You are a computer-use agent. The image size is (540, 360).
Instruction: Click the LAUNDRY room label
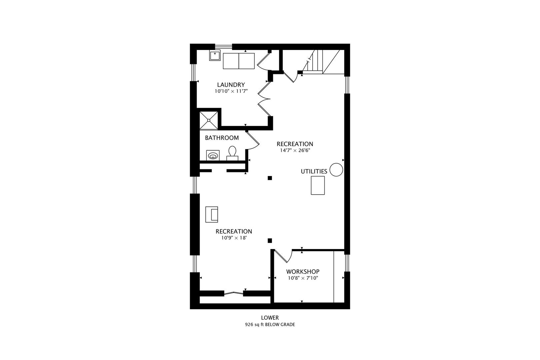231,85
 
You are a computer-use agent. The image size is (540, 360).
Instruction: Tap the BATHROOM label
222,138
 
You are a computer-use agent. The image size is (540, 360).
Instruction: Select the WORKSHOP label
303,272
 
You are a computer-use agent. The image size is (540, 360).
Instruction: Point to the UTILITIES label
314,171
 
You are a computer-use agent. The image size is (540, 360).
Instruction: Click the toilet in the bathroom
232,153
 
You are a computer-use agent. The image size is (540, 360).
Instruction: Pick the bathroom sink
213,155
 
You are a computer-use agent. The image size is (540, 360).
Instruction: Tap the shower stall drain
209,120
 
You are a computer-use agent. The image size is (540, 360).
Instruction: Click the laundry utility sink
215,55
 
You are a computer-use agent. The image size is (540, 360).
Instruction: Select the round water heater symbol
336,170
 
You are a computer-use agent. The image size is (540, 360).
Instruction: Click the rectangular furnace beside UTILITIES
318,185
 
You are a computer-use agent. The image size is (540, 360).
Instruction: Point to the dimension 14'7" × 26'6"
295,150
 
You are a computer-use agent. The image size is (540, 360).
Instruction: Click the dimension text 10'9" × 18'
234,238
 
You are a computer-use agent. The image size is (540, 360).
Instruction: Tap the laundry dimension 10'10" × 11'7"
231,91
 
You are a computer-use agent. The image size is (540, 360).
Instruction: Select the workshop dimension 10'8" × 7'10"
303,278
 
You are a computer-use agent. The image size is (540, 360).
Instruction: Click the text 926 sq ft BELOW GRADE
270,325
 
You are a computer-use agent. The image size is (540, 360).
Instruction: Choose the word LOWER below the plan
270,318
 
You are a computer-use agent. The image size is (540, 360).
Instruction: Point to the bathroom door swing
254,142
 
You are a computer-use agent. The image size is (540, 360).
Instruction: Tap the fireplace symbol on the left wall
212,214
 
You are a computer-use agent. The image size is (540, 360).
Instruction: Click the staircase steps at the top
313,61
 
